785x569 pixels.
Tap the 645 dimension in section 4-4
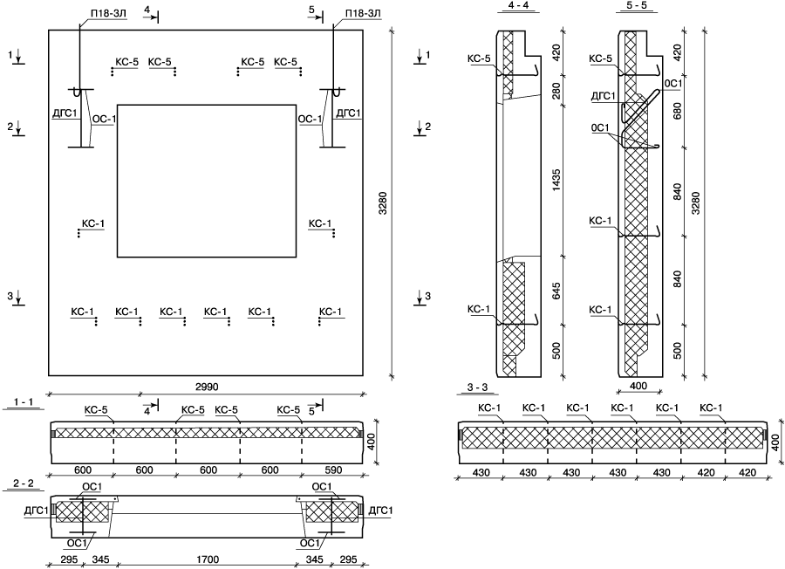(556, 291)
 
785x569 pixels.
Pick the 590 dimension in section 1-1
(332, 470)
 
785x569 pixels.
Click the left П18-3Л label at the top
(99, 14)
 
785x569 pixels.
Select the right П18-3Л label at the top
(361, 14)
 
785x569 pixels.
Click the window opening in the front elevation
(205, 181)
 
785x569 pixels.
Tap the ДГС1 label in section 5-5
(603, 95)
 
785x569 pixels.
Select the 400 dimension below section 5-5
(638, 385)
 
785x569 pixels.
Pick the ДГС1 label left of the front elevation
(65, 113)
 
